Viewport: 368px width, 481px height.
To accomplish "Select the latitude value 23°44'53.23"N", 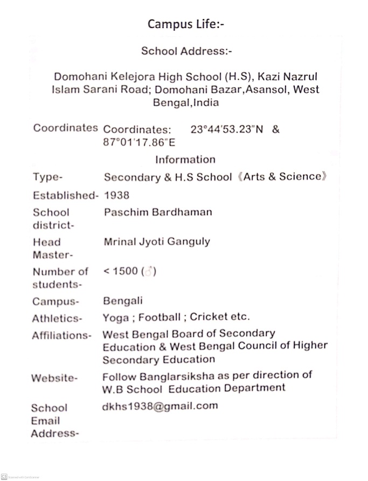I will click(x=227, y=130).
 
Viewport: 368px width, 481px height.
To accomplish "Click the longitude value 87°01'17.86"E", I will click(x=138, y=143).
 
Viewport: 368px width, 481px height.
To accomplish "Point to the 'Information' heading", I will click(x=185, y=160).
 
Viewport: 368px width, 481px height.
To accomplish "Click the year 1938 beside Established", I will click(x=116, y=195).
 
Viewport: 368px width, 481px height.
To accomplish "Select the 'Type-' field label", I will click(x=48, y=177).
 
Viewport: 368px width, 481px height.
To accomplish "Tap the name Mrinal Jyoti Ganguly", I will click(x=156, y=242).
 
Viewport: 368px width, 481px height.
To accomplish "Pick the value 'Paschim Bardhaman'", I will click(x=157, y=212).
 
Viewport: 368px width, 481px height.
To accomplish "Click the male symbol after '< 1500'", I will click(x=148, y=272).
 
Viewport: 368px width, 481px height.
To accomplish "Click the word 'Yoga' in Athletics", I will click(x=114, y=317).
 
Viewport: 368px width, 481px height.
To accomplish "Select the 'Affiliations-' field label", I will click(x=61, y=335).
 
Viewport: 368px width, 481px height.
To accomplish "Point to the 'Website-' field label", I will click(x=54, y=378).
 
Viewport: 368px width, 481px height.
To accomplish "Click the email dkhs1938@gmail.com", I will click(x=160, y=406).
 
